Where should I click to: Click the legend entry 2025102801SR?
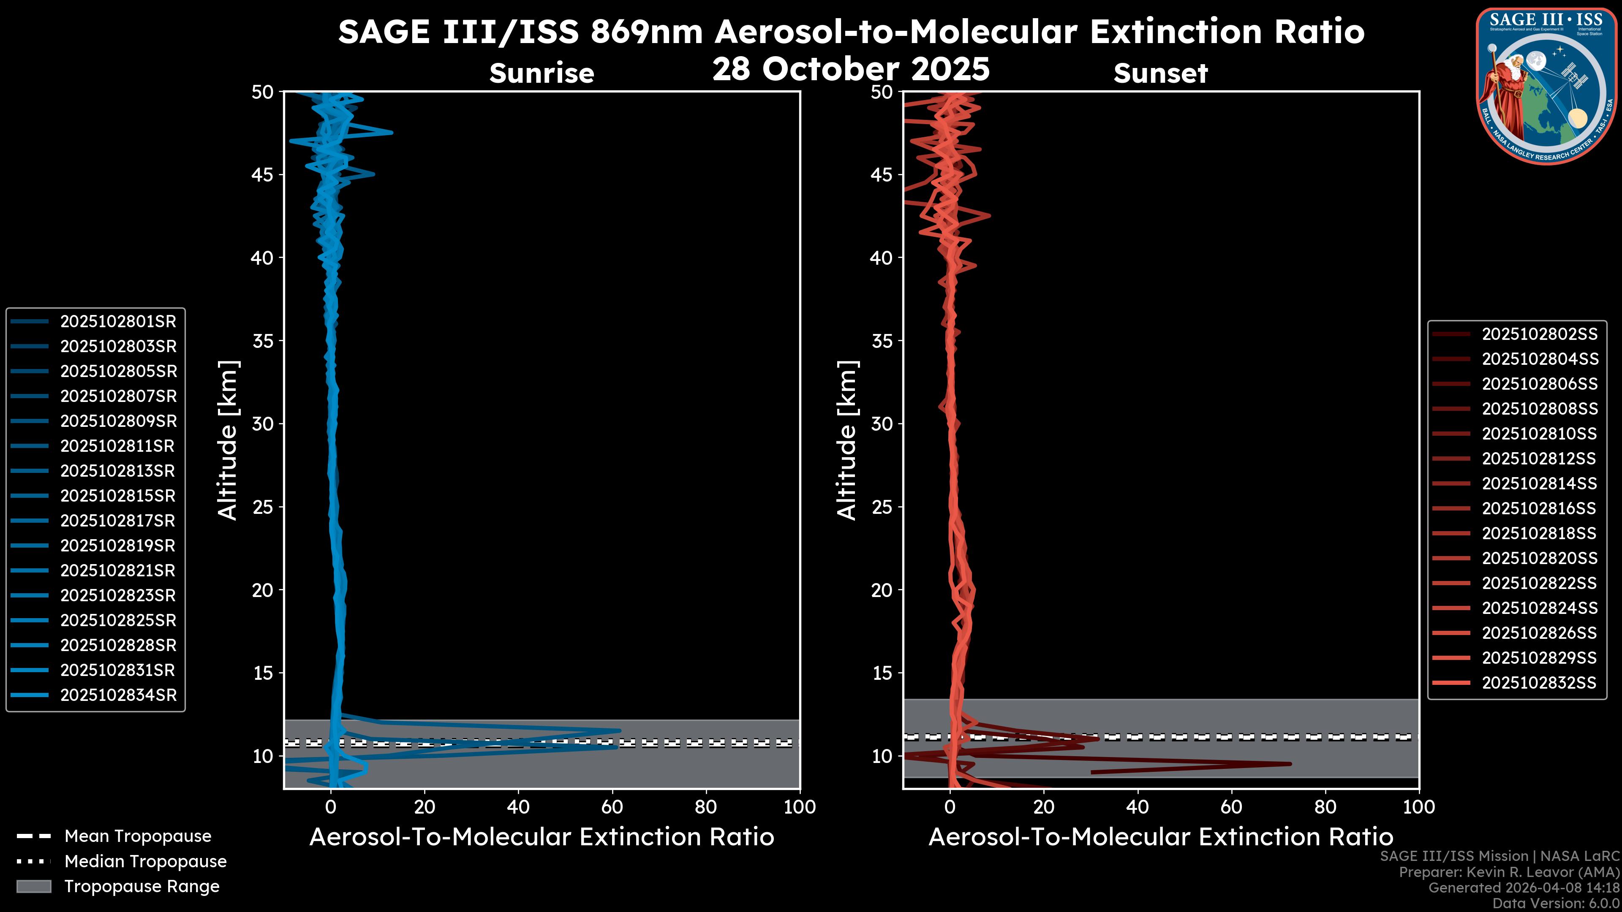click(118, 322)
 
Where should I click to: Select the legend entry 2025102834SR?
click(118, 695)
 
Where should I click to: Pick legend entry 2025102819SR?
click(118, 546)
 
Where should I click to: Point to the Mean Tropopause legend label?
click(138, 836)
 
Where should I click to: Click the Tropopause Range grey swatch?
click(33, 887)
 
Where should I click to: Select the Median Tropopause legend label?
click(145, 862)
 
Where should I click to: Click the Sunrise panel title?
click(542, 73)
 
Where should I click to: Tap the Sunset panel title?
click(1160, 73)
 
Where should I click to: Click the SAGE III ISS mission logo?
click(1545, 86)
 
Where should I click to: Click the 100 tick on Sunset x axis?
click(1419, 807)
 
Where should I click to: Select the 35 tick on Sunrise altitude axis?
click(263, 341)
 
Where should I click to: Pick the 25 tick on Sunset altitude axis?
click(882, 507)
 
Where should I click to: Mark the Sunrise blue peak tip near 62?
click(620, 731)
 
